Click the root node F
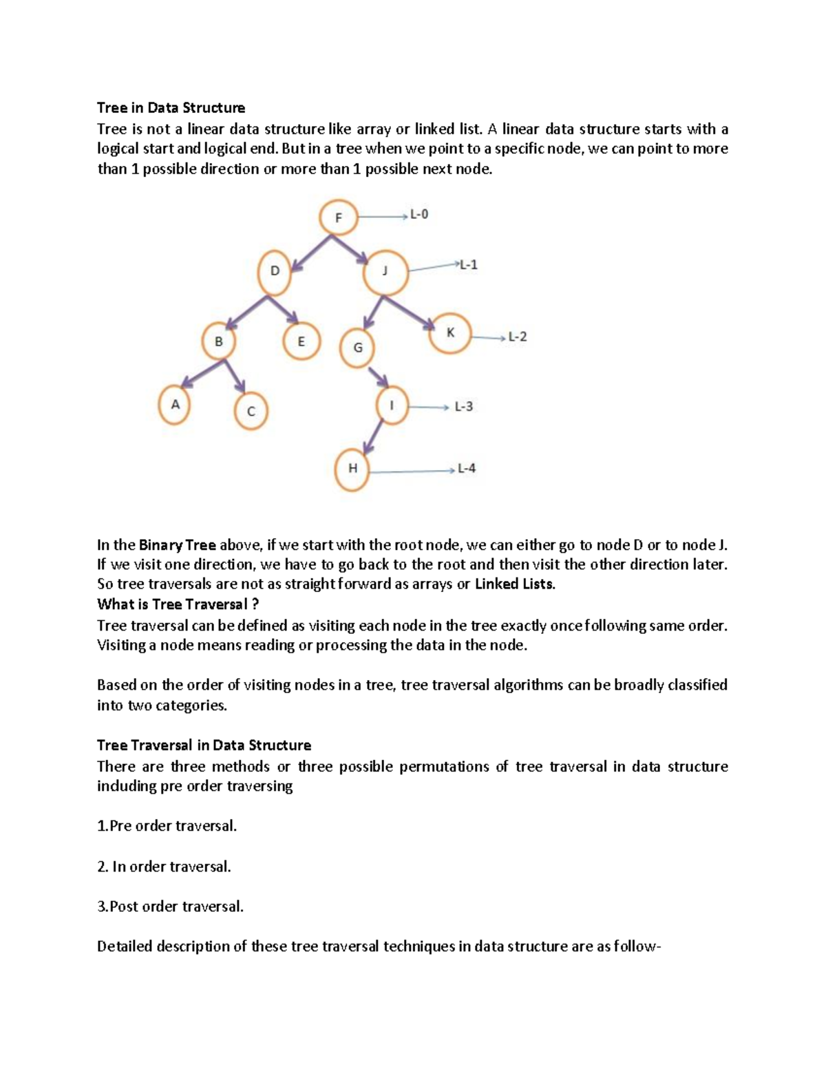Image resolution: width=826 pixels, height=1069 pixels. point(338,218)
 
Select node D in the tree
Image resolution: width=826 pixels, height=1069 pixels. point(275,271)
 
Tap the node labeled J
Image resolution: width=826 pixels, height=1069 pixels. point(385,271)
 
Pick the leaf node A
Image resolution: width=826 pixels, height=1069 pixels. point(175,405)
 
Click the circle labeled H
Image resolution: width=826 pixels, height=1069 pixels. point(352,469)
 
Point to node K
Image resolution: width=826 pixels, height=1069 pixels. point(450,333)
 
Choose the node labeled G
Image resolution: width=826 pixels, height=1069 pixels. point(358,348)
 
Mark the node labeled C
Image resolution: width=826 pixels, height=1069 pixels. point(251,411)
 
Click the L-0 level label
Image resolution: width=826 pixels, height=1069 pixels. point(419,215)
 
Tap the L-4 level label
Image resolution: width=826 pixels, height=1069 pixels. point(466,469)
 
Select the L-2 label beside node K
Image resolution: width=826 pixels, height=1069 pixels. point(517,337)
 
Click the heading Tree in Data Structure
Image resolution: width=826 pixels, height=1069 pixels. point(171,108)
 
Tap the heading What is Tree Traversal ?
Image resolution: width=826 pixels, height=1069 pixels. point(178,604)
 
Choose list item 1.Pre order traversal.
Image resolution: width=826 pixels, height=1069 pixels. point(167,826)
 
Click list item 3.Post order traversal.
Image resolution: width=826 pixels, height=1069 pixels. point(170,907)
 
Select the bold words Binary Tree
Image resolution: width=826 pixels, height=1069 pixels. point(177,545)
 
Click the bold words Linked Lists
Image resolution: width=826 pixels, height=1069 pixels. point(514,584)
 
